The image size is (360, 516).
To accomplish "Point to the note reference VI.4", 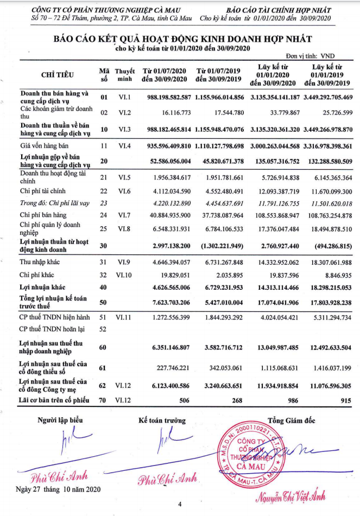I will point(124,146).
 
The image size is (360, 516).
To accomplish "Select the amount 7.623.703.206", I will point(166,302).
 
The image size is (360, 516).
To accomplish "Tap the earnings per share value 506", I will point(182,401).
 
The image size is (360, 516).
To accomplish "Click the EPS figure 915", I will point(344,401).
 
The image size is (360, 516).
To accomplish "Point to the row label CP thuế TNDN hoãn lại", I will point(53,329).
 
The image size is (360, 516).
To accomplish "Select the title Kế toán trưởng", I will point(162,420).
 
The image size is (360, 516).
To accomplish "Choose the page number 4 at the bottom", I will point(180,505).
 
